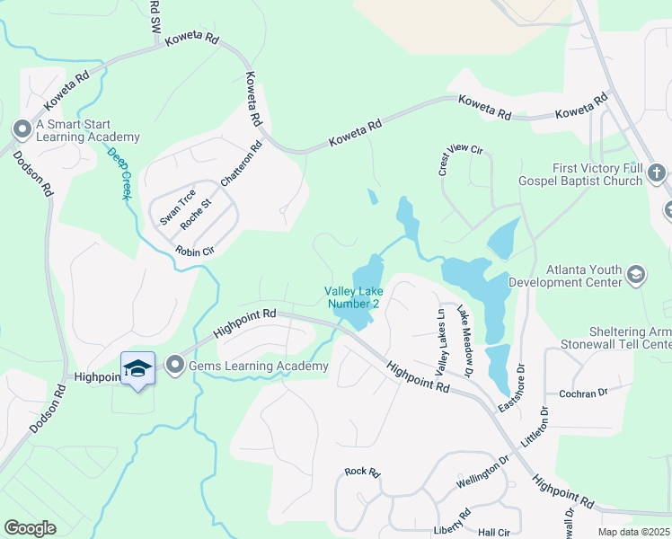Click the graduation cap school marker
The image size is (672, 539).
coord(137,368)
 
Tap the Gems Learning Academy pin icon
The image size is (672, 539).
coord(175,366)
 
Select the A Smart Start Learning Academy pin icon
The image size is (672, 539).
coord(22,130)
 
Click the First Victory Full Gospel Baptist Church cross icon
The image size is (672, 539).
coord(657,173)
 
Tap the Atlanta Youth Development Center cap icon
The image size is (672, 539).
coord(636,275)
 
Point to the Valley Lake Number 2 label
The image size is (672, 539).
coord(352,297)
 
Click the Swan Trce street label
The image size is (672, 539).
coord(177,208)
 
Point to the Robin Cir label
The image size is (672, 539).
coord(194,252)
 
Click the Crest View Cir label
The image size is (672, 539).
coord(460,160)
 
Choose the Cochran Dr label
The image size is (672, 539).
coord(583,393)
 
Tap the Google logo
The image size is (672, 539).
coord(30,527)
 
